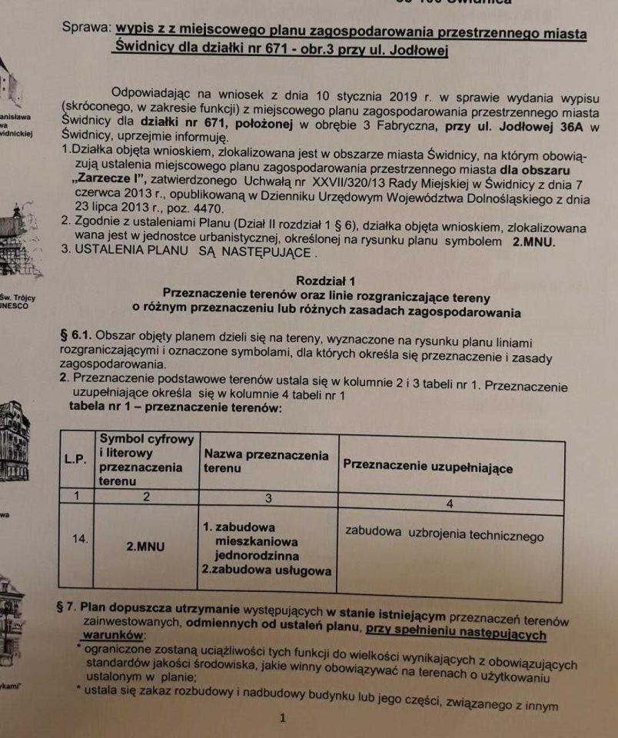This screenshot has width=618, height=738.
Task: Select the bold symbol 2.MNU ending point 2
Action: pyautogui.click(x=535, y=241)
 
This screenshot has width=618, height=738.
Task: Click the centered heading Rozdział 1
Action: pyautogui.click(x=326, y=281)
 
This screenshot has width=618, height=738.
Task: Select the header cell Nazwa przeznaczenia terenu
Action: pyautogui.click(x=265, y=460)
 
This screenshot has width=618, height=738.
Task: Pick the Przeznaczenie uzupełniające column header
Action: pyautogui.click(x=427, y=466)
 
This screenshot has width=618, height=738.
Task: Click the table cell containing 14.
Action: pyautogui.click(x=80, y=539)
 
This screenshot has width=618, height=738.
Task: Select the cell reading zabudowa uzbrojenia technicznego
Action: pyautogui.click(x=444, y=536)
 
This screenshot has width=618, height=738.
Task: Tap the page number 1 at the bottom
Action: pyautogui.click(x=283, y=719)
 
